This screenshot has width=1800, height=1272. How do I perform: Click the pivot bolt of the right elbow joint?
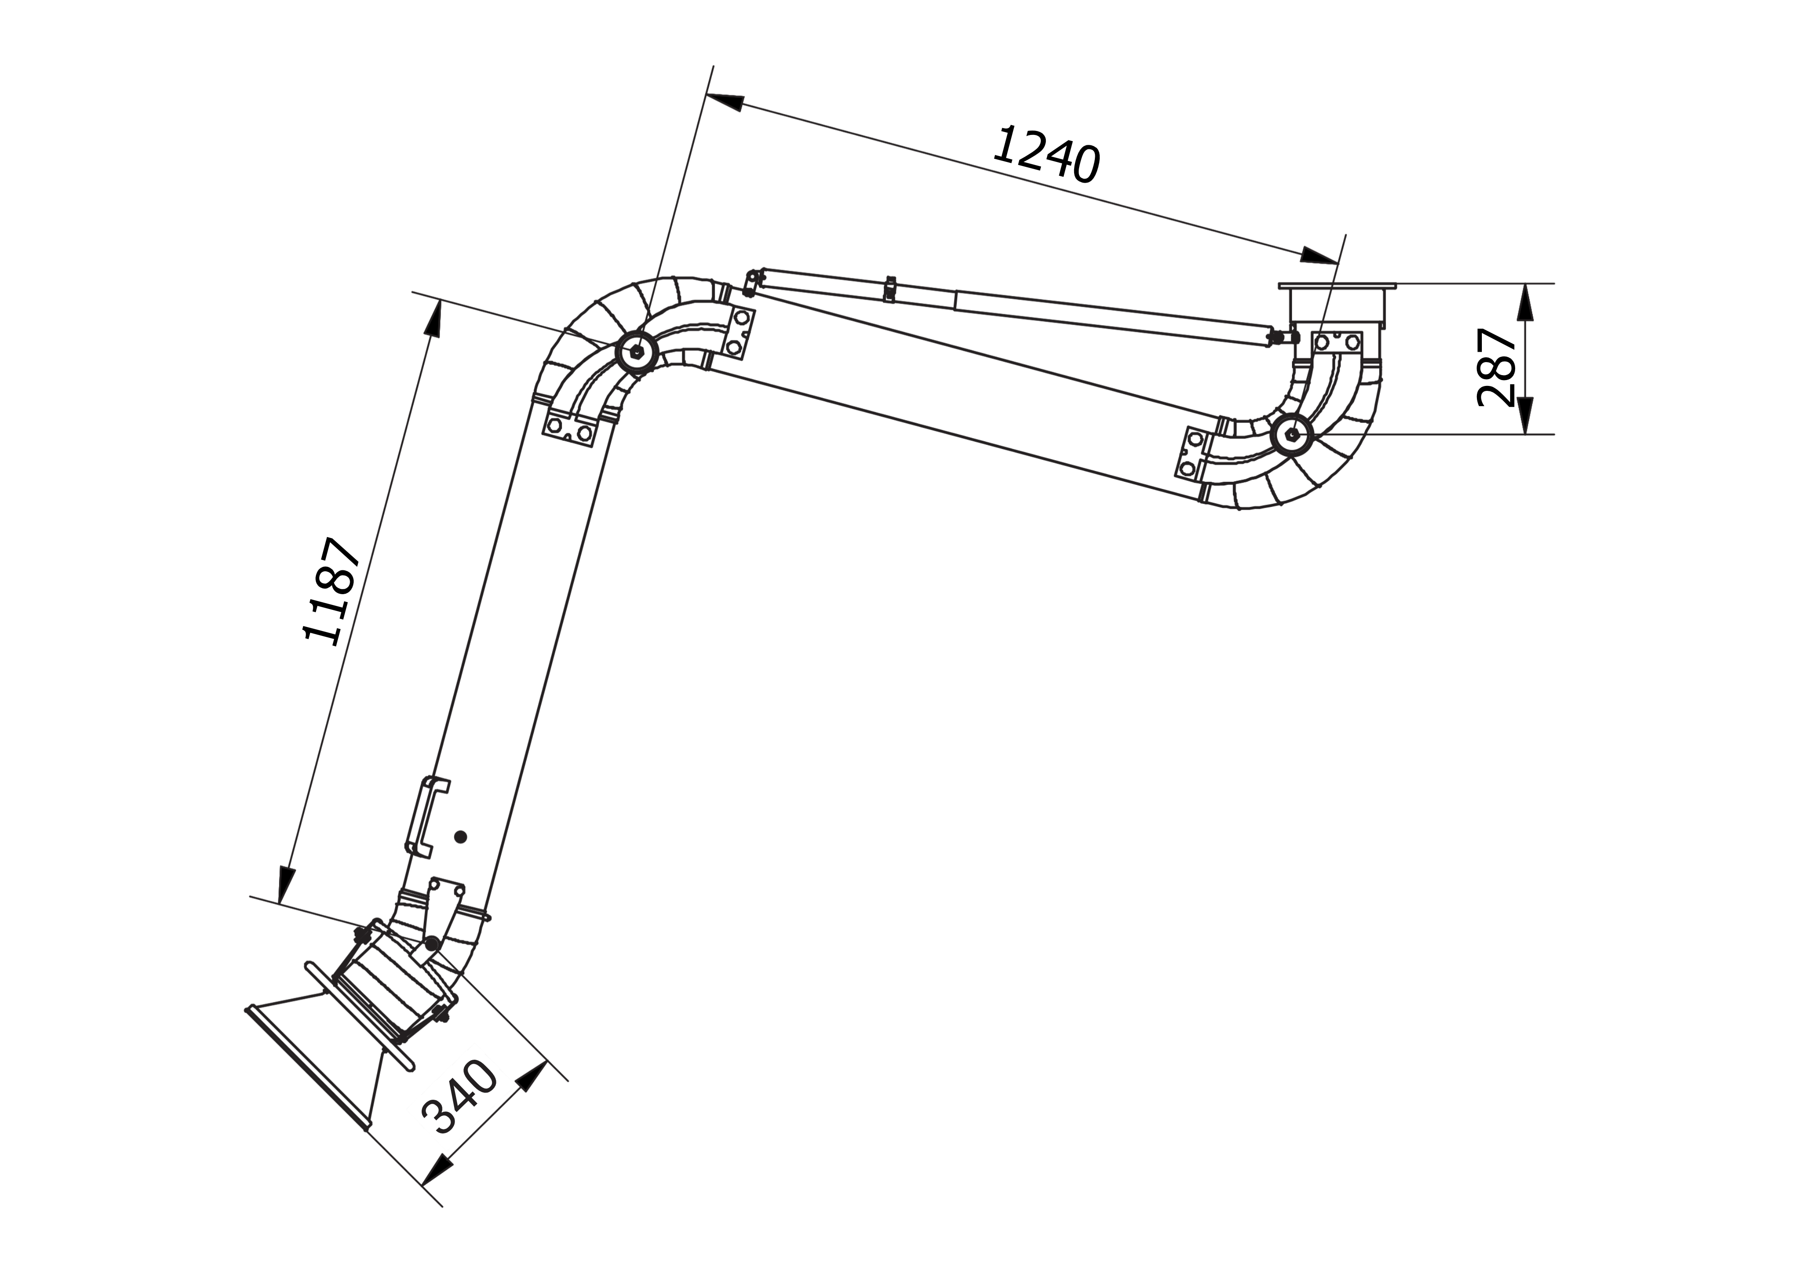pos(1291,433)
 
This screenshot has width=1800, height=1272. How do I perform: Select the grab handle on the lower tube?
pos(425,815)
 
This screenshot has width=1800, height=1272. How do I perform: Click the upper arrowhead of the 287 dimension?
pos(1525,302)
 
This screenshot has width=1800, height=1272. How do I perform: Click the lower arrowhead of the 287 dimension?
pos(1525,415)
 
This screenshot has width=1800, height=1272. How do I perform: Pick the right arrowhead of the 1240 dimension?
pos(1319,255)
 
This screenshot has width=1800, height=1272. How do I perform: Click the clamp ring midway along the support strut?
pos(889,287)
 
